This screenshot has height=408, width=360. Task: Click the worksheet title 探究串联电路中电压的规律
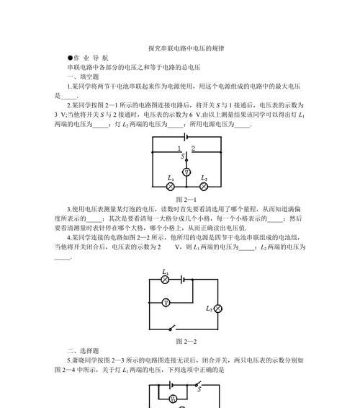pos(186,48)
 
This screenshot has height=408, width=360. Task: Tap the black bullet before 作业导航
pos(70,58)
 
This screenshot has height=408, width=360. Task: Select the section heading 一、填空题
pos(83,76)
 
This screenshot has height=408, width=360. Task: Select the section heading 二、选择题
pos(83,351)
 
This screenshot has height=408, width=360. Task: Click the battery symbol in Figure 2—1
pos(185,137)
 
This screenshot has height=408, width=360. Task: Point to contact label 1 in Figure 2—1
pos(179,148)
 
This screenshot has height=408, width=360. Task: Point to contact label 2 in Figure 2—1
pos(193,148)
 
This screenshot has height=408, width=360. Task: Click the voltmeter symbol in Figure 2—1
pos(186,172)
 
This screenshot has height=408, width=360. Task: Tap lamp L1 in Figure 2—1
pos(170,187)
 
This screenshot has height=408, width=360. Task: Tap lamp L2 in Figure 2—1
pos(204,187)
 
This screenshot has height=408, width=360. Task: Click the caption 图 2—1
pos(186,200)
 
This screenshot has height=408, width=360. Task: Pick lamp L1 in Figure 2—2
pos(166,280)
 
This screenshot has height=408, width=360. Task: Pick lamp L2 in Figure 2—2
pos(218,309)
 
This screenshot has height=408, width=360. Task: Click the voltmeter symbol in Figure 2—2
pos(166,303)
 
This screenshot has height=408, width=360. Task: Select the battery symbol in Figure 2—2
pos(182,280)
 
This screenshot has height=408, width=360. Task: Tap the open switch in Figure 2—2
pos(172,327)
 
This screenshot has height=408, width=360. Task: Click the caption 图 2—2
pos(186,342)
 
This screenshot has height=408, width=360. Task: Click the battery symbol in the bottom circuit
pos(171,385)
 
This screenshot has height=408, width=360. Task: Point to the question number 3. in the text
pos(69,209)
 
